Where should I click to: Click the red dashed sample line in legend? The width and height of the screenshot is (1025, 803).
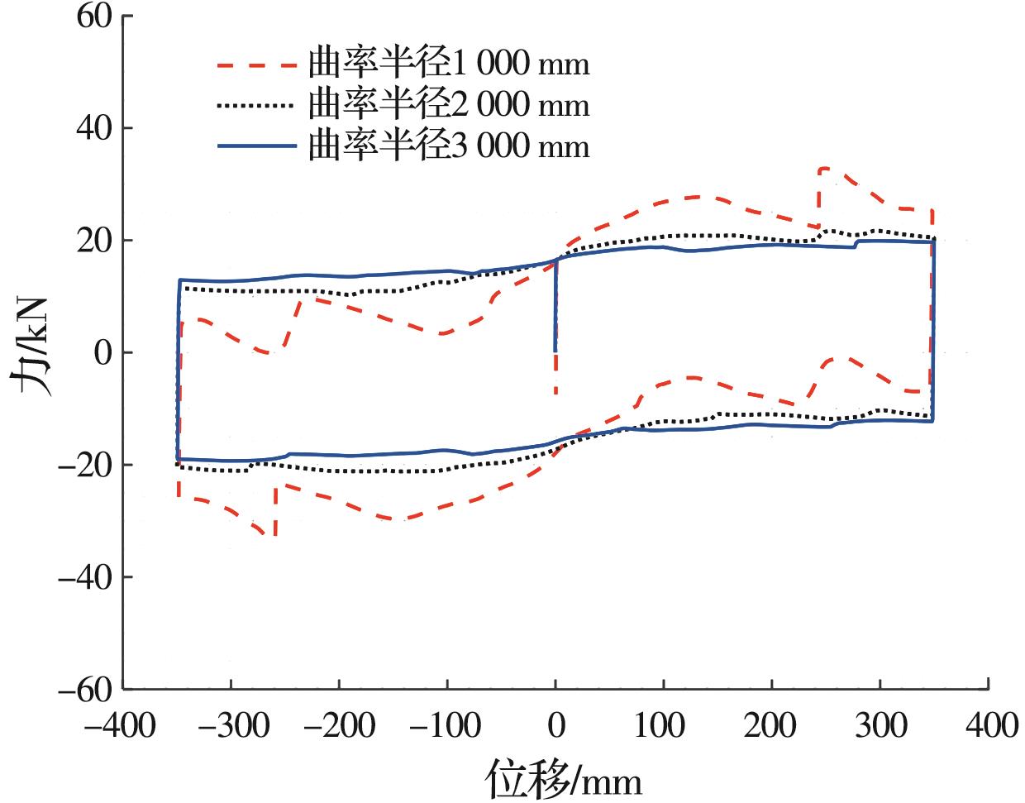click(x=255, y=64)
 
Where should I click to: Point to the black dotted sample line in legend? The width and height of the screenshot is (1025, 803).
click(x=255, y=105)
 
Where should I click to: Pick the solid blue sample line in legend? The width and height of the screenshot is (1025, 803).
click(x=255, y=146)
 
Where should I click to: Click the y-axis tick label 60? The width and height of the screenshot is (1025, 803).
click(x=96, y=17)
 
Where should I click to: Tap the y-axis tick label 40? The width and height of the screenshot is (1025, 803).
click(x=96, y=128)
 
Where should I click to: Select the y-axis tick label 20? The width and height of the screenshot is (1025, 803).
click(x=96, y=241)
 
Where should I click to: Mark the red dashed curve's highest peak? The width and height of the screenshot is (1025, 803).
click(x=823, y=169)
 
